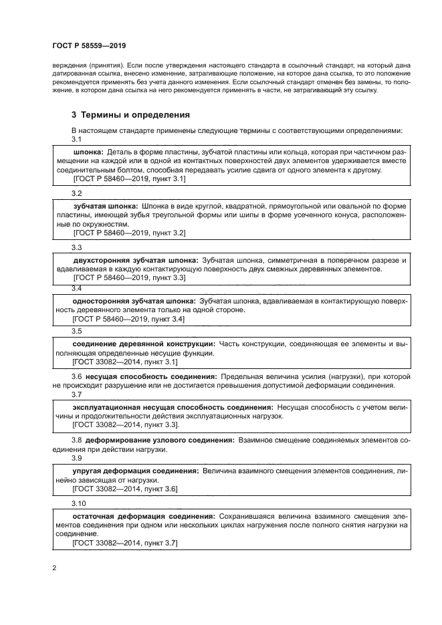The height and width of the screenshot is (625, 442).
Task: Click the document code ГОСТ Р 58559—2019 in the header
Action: click(89, 45)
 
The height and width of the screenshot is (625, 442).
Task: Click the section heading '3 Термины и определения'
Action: click(130, 114)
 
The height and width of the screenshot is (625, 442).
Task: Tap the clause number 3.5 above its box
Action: click(77, 330)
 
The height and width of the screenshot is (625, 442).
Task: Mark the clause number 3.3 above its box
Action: click(77, 247)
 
